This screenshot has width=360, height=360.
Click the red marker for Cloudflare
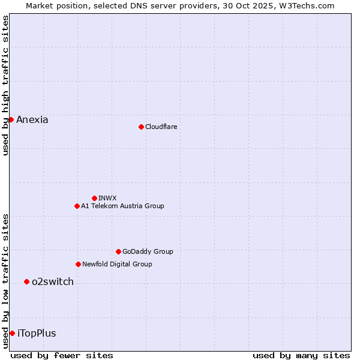pos(141,127)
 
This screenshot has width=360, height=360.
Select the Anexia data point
pos(11,119)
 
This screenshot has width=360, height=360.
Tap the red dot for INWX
pos(94,198)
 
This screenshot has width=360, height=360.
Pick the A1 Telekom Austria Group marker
pos(77,206)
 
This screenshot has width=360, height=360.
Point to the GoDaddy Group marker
pos(118,251)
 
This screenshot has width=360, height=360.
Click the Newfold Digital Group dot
pos(78,264)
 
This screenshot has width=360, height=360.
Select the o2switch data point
pos(26,281)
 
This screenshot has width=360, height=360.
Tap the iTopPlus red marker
pos(12,333)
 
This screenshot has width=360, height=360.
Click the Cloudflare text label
pos(161,127)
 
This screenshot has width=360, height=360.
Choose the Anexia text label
pos(32,119)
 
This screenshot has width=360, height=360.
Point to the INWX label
pos(107,198)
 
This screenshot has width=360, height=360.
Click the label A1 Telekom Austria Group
pos(122,206)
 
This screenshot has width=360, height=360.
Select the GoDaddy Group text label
pos(148,251)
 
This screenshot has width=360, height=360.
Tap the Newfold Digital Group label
pos(117,264)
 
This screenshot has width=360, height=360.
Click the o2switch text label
pos(53,281)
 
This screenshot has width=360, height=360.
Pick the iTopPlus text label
pos(37,333)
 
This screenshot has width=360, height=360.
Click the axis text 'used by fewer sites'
pos(62,355)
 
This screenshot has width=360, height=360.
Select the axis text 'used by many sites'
pos(301,355)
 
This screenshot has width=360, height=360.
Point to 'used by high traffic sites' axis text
pos(5,85)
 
